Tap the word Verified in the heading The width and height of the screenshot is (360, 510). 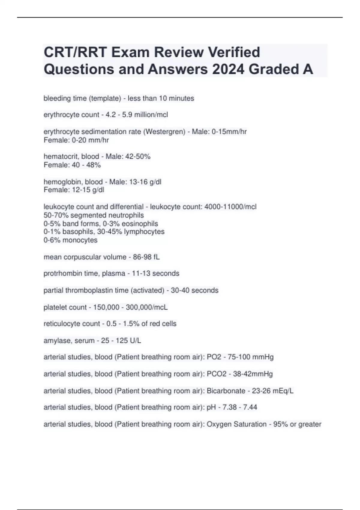tap(234, 52)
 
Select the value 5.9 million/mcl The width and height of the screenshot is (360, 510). tap(145, 115)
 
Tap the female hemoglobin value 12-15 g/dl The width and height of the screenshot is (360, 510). tap(88, 190)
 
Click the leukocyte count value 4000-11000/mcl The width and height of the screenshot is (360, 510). tap(230, 207)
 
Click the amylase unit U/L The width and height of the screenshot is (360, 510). tap(135, 340)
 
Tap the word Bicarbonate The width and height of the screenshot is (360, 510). tap(226, 391)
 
